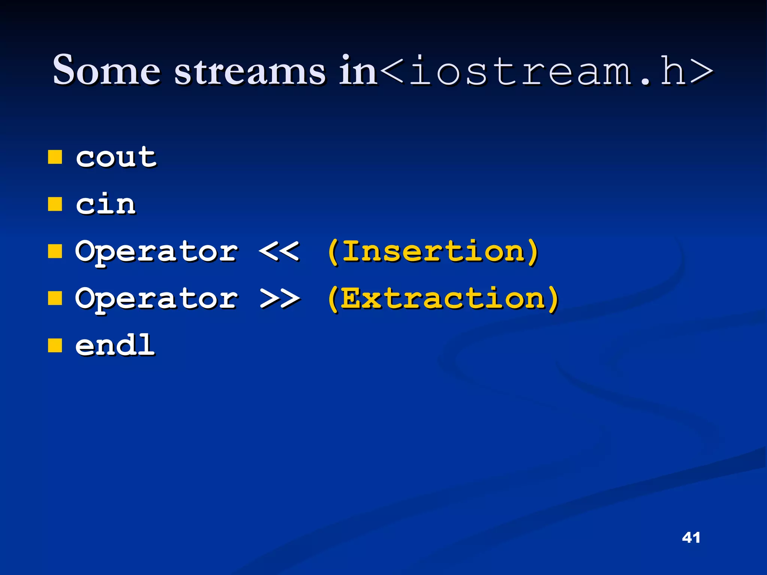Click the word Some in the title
pyautogui.click(x=107, y=70)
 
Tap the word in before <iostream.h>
pyautogui.click(x=358, y=70)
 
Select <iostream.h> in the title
pyautogui.click(x=546, y=70)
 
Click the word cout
pyautogui.click(x=116, y=157)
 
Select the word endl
pyautogui.click(x=115, y=345)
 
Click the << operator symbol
pyautogui.click(x=279, y=251)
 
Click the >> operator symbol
pyautogui.click(x=279, y=298)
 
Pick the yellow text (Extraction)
pyautogui.click(x=443, y=299)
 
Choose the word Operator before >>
pyautogui.click(x=157, y=299)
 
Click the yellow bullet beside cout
pyautogui.click(x=55, y=158)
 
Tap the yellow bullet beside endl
pyautogui.click(x=55, y=346)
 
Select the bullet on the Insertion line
pyautogui.click(x=55, y=252)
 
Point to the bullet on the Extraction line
pyautogui.click(x=55, y=299)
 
